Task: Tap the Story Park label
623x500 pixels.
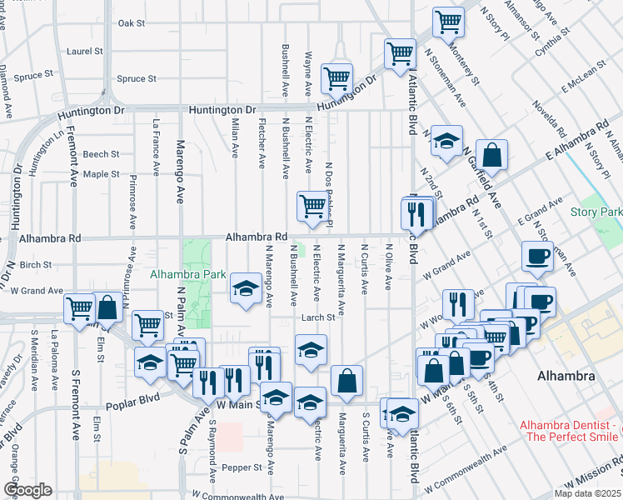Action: [596, 212]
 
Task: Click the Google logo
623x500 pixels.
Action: [27, 490]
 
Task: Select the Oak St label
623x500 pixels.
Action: [132, 23]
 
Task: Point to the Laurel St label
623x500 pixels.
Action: [86, 51]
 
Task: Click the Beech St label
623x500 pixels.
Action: [101, 154]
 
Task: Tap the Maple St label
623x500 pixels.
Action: [101, 174]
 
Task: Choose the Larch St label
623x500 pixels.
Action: [317, 317]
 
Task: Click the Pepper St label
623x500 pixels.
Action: [246, 467]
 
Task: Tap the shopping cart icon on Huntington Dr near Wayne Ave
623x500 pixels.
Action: [337, 78]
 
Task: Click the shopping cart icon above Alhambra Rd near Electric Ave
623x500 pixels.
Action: [312, 204]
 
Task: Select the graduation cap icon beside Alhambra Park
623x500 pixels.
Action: [246, 287]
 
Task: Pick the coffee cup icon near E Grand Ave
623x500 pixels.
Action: [537, 255]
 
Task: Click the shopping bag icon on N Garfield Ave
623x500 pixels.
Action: [492, 154]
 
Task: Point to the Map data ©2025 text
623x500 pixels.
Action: [587, 493]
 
